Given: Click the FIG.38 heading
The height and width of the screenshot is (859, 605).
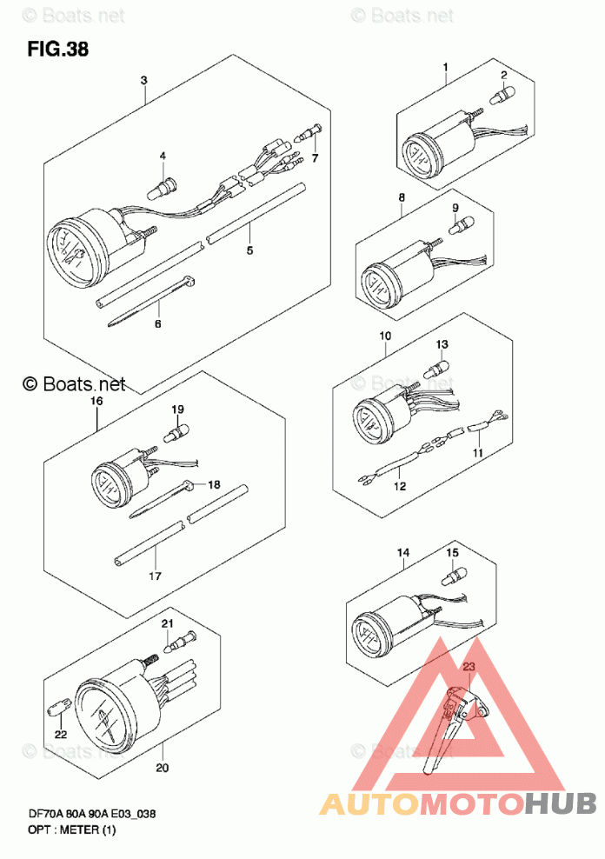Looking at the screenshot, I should (58, 49).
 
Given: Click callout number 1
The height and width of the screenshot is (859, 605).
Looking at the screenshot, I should (445, 67).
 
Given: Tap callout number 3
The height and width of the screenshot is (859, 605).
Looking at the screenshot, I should (144, 80).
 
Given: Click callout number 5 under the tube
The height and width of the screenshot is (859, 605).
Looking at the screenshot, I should (249, 250).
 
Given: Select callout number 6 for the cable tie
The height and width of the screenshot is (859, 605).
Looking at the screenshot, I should (157, 323).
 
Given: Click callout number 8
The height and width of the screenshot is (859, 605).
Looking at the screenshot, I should (402, 197).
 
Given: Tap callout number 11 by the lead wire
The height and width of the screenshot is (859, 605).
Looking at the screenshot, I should (477, 454).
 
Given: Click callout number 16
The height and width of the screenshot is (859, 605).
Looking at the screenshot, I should (96, 401).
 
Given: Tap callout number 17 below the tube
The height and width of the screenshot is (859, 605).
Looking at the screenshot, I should (156, 576).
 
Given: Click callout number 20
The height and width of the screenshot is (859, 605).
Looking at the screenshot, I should (163, 768).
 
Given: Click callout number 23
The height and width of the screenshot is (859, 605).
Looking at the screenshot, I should (469, 666).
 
